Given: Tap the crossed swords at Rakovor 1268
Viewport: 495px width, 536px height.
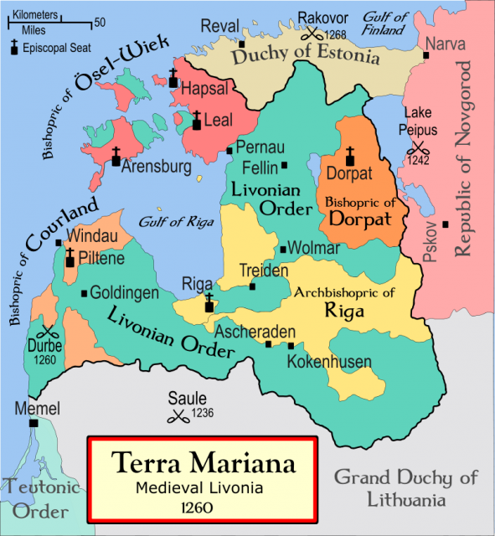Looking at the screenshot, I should click(312, 34).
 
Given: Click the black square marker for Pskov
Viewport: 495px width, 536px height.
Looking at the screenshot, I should click(446, 224).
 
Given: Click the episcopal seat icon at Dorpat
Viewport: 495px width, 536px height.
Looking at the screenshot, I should click(349, 157).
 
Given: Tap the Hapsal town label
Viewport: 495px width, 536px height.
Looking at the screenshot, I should click(206, 87).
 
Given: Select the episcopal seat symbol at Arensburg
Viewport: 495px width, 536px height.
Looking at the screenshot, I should click(116, 157).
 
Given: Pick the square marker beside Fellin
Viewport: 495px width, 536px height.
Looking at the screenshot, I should click(285, 166).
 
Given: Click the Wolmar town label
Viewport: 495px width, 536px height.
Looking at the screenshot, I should click(315, 248).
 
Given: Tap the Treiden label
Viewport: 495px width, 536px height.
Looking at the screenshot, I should click(264, 271).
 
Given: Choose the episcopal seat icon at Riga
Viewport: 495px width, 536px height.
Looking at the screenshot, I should click(208, 305).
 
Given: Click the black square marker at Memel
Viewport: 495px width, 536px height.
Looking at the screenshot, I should click(34, 424).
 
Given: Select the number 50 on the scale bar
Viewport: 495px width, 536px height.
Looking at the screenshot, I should click(100, 22).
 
